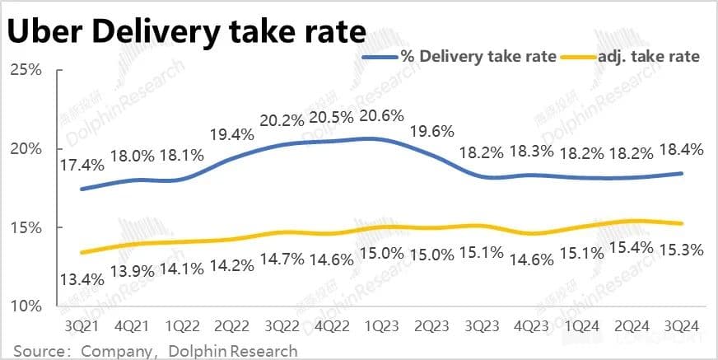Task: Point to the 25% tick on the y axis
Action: (26, 69)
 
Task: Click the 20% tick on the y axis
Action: (26, 148)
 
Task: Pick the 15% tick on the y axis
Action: (26, 227)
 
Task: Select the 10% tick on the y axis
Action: (26, 306)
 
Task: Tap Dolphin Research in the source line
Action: (233, 351)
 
